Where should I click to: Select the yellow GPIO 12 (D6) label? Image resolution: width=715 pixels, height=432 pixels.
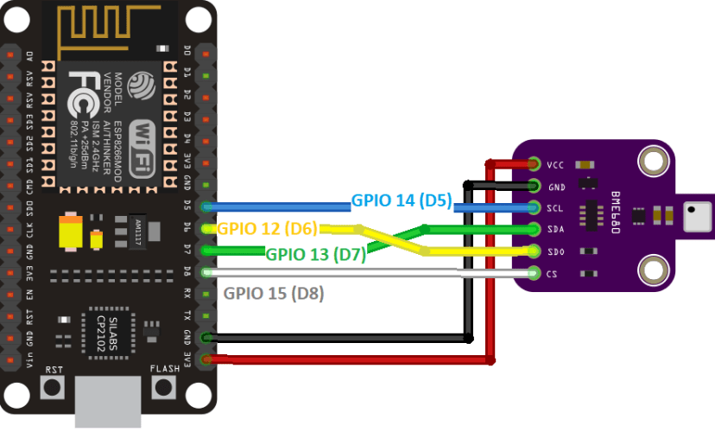point(267,229)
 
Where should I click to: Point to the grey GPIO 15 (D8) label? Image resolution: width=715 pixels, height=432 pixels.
point(274,292)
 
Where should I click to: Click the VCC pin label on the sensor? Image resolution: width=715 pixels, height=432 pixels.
point(557,164)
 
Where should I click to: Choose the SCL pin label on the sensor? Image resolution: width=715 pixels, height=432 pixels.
point(557,208)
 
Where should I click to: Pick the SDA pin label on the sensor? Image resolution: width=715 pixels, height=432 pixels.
point(557,230)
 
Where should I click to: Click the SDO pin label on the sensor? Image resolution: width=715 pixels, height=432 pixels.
point(557,252)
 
